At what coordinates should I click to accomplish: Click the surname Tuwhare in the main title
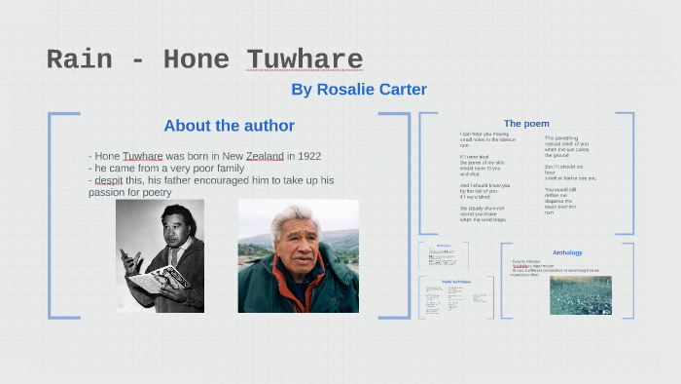[x=305, y=59]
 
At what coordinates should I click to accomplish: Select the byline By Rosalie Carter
[x=359, y=90]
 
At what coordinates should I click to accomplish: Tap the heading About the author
[x=229, y=126]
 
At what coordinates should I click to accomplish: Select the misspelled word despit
[x=113, y=180]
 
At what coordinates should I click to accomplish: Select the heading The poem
[x=526, y=124]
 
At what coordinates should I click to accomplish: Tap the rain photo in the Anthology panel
[x=581, y=295]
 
